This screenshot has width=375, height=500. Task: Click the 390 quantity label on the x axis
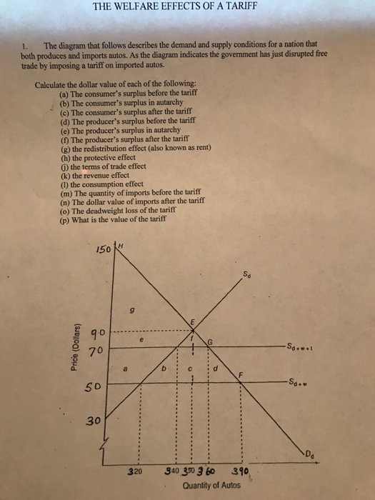pyautogui.click(x=241, y=471)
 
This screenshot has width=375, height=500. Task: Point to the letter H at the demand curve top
pyautogui.click(x=121, y=246)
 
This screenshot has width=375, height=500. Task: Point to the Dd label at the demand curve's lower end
pyautogui.click(x=312, y=452)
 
